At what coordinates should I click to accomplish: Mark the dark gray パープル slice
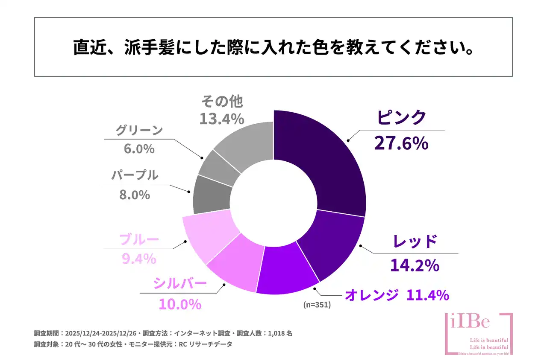pos(211,195)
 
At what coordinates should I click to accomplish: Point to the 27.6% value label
pos(401,143)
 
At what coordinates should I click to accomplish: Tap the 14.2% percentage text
pos(414,265)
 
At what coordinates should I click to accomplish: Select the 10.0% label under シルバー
pos(179,304)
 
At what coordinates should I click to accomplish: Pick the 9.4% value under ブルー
pos(138,258)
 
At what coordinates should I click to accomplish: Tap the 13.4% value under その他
pos(221,119)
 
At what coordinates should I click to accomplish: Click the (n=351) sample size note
pos(317,305)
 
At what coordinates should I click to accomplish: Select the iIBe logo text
pos(470,322)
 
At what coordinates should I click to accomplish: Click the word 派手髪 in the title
pos(145,47)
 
